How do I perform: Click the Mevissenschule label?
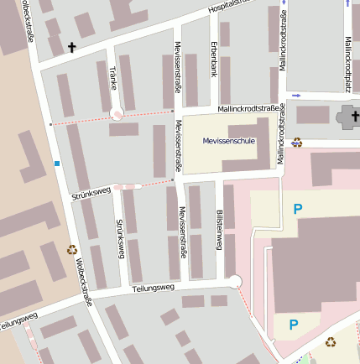228,142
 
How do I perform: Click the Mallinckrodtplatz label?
347,63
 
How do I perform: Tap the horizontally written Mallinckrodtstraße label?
248,108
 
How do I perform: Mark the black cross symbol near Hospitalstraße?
71,48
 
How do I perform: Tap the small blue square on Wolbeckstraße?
57,163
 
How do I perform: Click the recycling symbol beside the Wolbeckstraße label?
72,249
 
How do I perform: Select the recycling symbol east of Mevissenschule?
297,142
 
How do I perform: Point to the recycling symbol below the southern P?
331,341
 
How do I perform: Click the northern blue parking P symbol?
297,209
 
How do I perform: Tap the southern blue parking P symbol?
293,325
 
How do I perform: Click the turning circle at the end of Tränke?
117,114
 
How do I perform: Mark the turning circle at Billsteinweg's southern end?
235,282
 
